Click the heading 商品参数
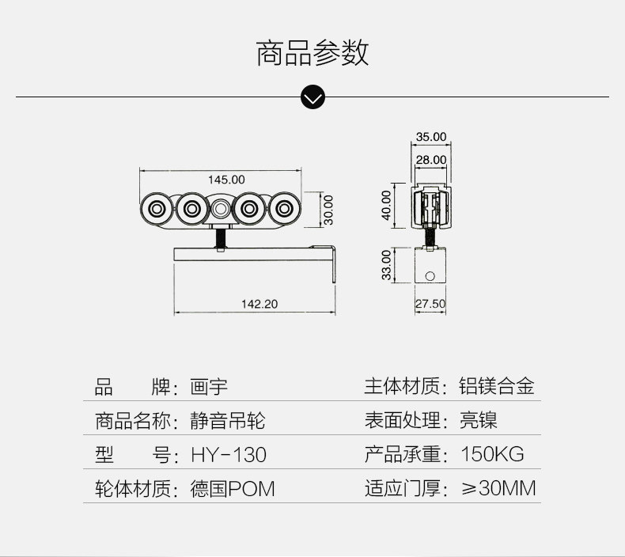pos(312,53)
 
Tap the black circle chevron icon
pos(313,97)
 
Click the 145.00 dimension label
pos(226,180)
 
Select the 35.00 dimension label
pos(431,137)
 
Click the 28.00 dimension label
pos(431,159)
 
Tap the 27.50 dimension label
pos(430,304)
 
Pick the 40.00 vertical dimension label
pos(386,206)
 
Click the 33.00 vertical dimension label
pos(386,264)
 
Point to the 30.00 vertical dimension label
pos(328,209)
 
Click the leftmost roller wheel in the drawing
pos(155,210)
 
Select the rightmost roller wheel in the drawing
pos(284,210)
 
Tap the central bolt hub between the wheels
pos(220,210)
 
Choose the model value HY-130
pos(229,455)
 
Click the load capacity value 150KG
pos(492,455)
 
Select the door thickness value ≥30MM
pos(498,489)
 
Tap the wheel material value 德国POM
pos(233,489)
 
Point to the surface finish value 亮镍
pos(479,421)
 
